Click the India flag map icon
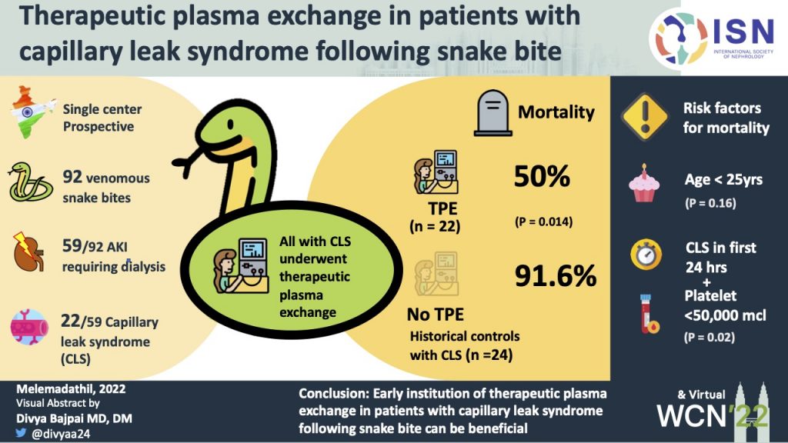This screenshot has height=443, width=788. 31,112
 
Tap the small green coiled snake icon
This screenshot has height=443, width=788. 30,182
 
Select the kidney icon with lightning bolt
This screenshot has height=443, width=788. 28,251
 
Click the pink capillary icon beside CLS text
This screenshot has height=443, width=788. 30,327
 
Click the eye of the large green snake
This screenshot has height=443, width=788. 230,125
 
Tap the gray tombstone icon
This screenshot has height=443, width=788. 493,113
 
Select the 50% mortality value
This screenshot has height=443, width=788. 542,176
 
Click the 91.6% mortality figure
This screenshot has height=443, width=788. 556,276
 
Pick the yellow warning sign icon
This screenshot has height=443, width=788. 645,117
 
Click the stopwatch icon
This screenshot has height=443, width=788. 646,254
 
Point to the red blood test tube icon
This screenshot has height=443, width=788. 649,314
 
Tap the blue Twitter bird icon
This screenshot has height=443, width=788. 21,432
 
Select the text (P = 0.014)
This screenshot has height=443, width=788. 544,221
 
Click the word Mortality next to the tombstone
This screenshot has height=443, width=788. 556,112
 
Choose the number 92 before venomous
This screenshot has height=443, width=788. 72,177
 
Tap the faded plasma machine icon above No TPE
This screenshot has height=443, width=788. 436,274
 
